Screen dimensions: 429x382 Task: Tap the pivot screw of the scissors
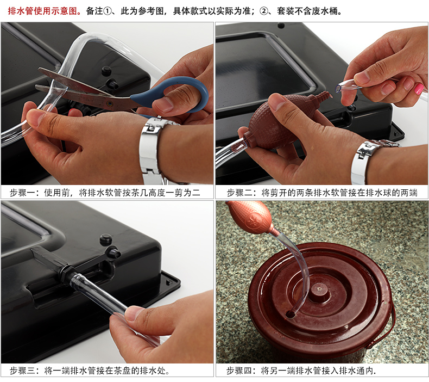click(110, 103)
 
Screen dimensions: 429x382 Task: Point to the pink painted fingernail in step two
click(419, 89)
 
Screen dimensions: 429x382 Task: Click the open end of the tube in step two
click(338, 88)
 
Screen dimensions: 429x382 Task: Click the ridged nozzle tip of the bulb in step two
click(324, 95)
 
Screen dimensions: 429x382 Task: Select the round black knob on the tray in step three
click(106, 239)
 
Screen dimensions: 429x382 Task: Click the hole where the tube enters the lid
click(290, 314)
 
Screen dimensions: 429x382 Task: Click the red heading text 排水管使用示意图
click(42, 11)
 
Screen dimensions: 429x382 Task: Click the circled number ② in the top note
click(264, 11)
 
